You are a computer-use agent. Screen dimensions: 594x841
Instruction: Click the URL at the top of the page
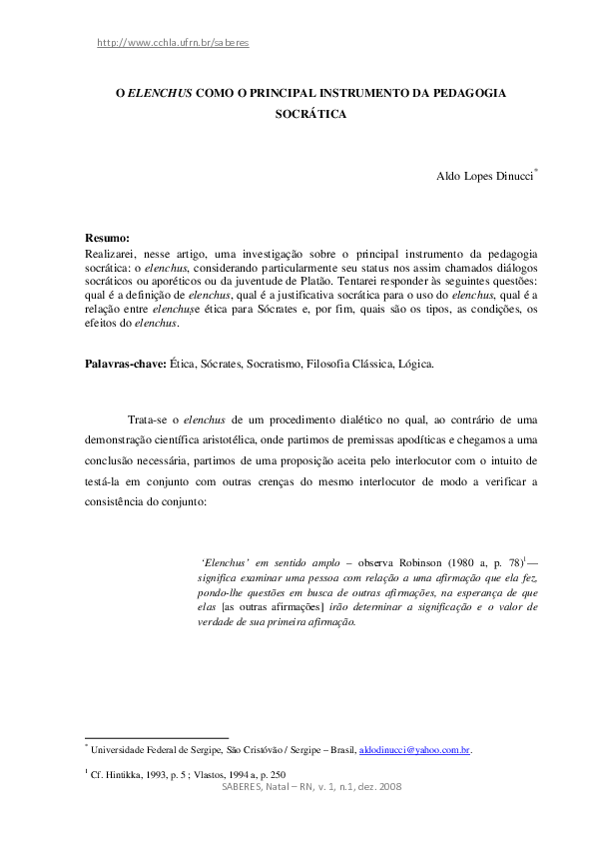(x=173, y=43)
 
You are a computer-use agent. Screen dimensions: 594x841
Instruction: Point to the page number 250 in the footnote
(x=277, y=774)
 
